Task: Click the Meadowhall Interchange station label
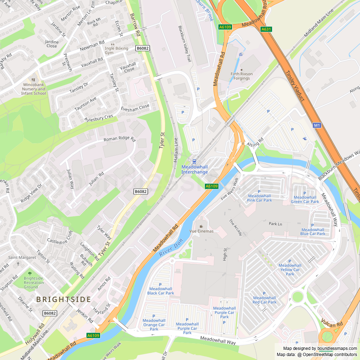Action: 194,170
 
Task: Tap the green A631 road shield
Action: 266,29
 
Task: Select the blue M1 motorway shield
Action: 316,125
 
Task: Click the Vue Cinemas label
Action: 201,231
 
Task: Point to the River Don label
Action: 171,247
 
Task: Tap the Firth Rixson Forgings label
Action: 242,76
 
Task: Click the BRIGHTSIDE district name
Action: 63,300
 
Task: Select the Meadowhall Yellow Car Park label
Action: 290,270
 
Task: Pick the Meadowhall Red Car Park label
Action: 265,300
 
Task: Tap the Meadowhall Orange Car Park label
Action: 154,324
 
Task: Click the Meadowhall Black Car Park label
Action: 161,291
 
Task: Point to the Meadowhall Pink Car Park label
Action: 259,198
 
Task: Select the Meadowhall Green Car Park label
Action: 305,199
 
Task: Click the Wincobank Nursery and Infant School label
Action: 33,89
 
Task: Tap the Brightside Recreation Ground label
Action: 33,283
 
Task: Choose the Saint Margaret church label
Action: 22,257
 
